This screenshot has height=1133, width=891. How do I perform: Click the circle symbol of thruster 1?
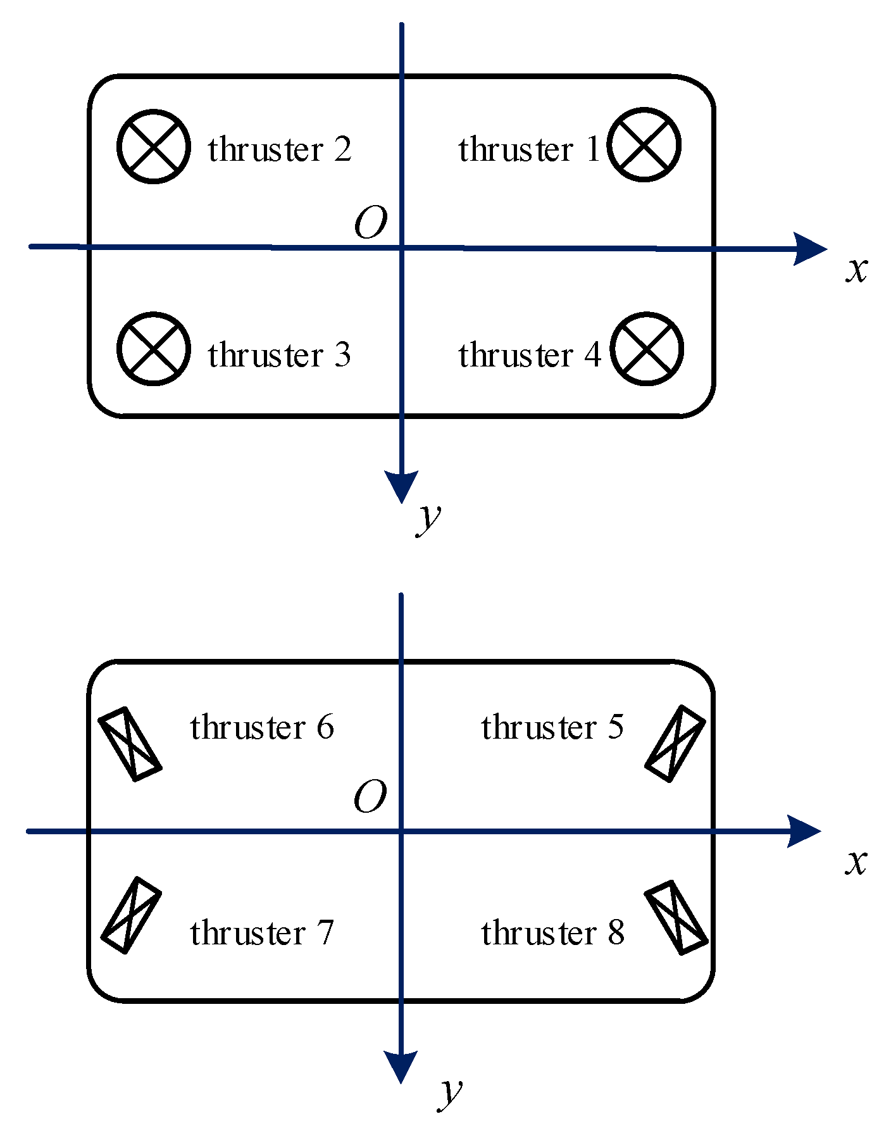point(644,144)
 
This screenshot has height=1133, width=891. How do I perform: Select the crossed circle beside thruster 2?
point(154,147)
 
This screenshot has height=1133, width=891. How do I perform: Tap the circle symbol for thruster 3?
point(154,349)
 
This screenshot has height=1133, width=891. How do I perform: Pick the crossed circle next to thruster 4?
point(647,349)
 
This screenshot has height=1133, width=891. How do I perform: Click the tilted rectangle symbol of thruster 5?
point(675,744)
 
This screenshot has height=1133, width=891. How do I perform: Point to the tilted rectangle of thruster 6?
point(130,744)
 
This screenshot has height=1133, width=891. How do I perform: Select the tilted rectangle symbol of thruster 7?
point(131,915)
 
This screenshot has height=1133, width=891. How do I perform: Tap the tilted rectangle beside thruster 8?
point(676,917)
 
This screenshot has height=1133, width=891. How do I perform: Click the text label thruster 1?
point(528,150)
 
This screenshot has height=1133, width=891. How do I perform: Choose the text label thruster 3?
point(279,354)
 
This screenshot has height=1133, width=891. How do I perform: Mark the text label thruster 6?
point(261,727)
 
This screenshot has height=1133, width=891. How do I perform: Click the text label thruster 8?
point(552,933)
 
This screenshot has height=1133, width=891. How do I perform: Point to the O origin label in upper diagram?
point(371,223)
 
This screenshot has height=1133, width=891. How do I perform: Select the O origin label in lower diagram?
point(370,797)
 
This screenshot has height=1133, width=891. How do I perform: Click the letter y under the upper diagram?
point(429,519)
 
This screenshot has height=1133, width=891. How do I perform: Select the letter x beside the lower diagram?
point(856,862)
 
